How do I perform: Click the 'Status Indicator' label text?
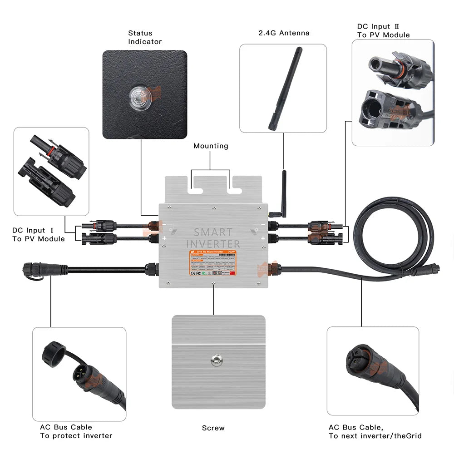point(144,37)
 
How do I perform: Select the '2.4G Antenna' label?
point(284,33)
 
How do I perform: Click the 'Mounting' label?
point(211,146)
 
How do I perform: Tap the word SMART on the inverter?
point(213,232)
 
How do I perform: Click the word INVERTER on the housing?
point(213,244)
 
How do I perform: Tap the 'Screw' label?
point(213,428)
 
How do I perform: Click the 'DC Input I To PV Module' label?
point(39,235)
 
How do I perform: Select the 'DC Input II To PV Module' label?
point(383,31)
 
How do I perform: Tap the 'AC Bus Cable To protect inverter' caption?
point(76,431)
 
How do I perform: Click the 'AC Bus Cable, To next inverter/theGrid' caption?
point(375,431)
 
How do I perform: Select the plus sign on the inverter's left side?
point(164,238)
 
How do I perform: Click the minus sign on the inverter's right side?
point(262,224)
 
